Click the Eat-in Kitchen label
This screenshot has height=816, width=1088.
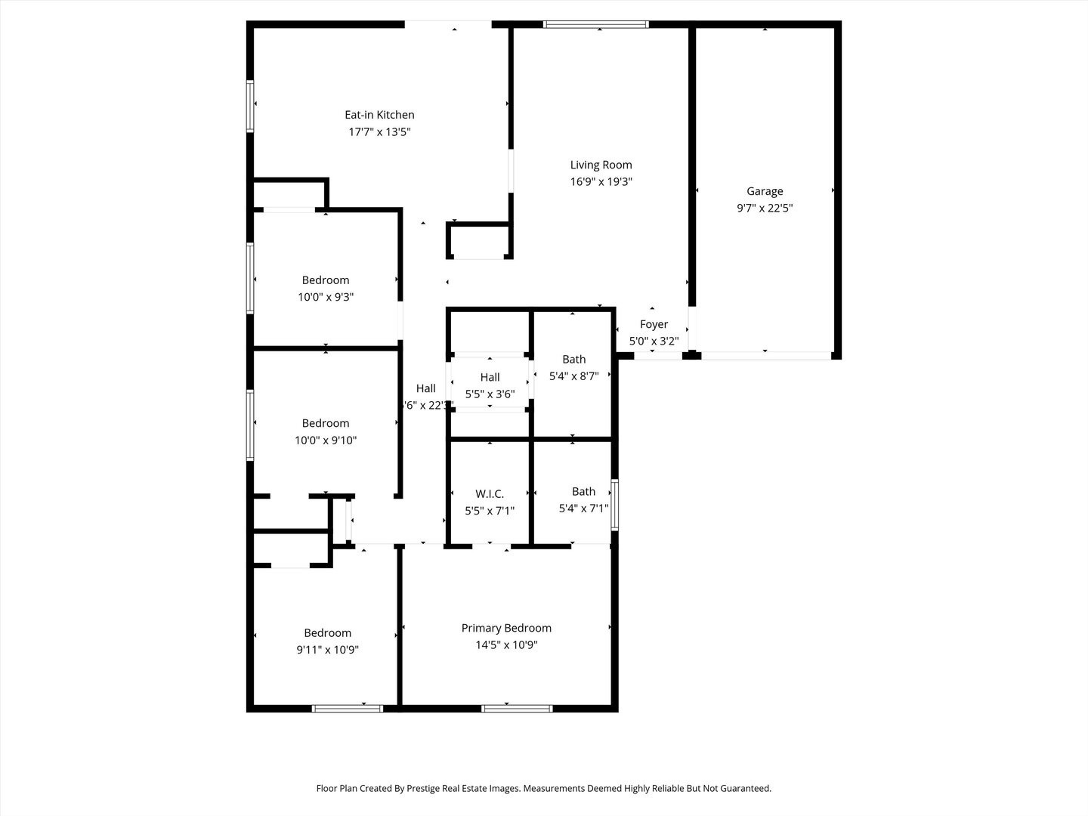pyautogui.click(x=379, y=115)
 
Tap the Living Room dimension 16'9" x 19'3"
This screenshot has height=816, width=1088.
pyautogui.click(x=601, y=181)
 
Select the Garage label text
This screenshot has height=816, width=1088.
pyautogui.click(x=765, y=191)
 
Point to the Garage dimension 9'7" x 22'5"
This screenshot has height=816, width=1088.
pyautogui.click(x=765, y=208)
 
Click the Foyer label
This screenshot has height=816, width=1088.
pyautogui.click(x=654, y=324)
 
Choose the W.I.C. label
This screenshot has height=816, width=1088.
pyautogui.click(x=490, y=494)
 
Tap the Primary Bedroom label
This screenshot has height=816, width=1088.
pyautogui.click(x=506, y=628)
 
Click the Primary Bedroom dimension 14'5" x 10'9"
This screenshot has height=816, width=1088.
pyautogui.click(x=506, y=645)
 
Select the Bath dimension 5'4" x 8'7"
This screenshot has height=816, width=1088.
pyautogui.click(x=573, y=376)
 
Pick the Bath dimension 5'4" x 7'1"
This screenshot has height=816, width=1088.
pyautogui.click(x=583, y=508)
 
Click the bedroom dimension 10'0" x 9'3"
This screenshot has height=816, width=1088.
pyautogui.click(x=326, y=297)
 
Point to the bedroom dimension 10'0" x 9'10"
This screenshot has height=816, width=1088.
pyautogui.click(x=326, y=440)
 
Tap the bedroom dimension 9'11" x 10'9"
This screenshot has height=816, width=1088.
pyautogui.click(x=327, y=650)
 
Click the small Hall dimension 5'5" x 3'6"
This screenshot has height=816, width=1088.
pyautogui.click(x=490, y=394)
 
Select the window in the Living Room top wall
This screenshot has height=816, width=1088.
pyautogui.click(x=596, y=25)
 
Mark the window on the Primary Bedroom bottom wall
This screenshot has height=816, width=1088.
pyautogui.click(x=517, y=708)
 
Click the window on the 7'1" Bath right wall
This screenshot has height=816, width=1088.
pyautogui.click(x=614, y=505)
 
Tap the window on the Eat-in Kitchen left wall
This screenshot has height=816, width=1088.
pyautogui.click(x=250, y=106)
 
